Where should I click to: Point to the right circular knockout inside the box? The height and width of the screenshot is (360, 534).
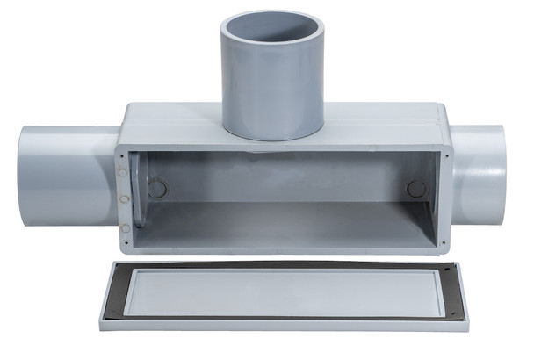tap(415, 188)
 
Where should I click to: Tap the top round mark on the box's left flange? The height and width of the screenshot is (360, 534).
tap(124, 173)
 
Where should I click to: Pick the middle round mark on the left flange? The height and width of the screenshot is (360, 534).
tap(125, 199)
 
